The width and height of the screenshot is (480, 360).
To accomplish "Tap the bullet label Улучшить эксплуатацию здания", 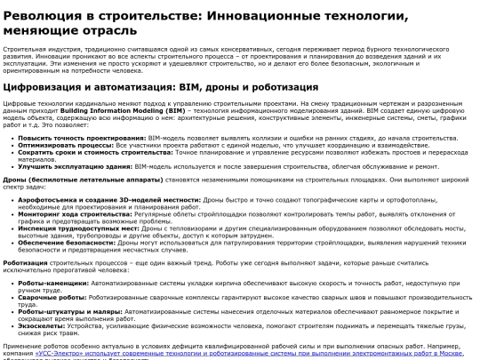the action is coord(64,165).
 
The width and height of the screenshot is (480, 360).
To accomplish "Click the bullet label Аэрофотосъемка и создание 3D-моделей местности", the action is coord(88,200).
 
